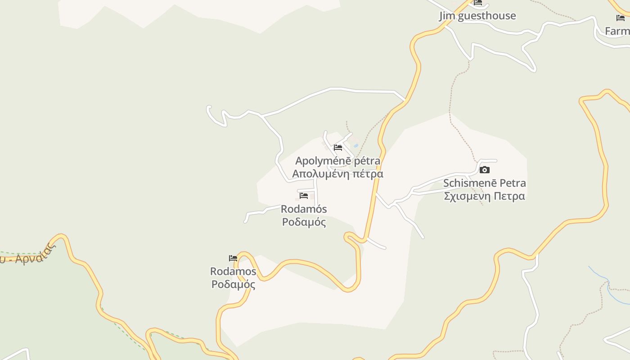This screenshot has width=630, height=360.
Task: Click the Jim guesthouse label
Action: click(x=477, y=16)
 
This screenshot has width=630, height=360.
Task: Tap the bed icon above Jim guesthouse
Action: click(x=478, y=2)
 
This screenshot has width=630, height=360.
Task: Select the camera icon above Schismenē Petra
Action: click(x=484, y=170)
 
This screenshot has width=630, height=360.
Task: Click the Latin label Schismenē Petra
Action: click(x=484, y=183)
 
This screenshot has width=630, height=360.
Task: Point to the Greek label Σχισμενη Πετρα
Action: click(x=484, y=196)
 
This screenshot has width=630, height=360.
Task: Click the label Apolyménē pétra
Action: click(x=337, y=161)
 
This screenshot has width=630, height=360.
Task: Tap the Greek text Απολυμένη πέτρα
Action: click(x=337, y=174)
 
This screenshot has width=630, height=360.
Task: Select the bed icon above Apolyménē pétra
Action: click(x=338, y=147)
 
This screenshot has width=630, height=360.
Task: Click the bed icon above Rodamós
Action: click(x=304, y=196)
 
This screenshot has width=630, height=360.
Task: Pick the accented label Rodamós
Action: click(x=304, y=209)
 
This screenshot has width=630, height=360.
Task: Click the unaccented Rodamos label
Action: click(x=233, y=271)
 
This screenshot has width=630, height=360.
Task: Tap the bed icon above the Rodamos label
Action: click(x=233, y=258)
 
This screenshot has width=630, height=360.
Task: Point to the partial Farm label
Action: click(x=617, y=31)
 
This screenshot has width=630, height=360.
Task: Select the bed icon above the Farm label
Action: click(x=621, y=18)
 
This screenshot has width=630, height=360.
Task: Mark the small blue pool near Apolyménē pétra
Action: click(x=356, y=146)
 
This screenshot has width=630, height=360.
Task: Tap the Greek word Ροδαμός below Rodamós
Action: click(x=304, y=222)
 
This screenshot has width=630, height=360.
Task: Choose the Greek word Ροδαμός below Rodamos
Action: click(x=233, y=284)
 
